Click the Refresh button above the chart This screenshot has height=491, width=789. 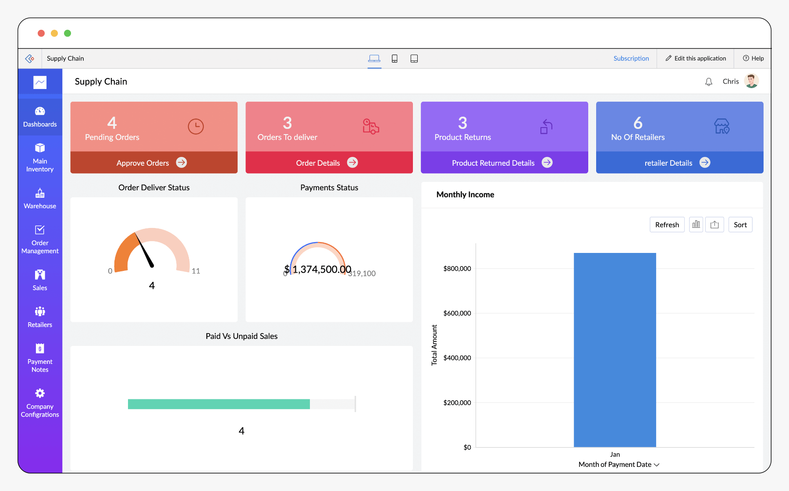tap(667, 225)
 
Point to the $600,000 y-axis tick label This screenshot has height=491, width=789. tap(457, 313)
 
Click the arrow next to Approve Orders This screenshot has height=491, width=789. tap(181, 163)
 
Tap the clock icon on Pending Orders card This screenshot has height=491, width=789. tap(195, 127)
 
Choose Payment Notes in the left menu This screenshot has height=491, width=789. tap(40, 358)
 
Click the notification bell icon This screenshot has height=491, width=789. tap(708, 82)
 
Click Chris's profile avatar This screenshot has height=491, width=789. tap(751, 81)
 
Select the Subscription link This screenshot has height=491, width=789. tap(631, 58)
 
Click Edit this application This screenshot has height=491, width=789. tap(696, 58)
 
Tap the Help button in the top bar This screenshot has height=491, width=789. tap(753, 58)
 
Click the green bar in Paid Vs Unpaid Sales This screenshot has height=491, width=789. tap(219, 404)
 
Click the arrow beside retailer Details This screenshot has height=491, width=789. tap(704, 163)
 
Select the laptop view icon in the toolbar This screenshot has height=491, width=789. tap(374, 58)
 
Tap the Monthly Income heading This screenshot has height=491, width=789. tap(465, 195)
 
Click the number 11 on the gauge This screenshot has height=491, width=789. tap(195, 271)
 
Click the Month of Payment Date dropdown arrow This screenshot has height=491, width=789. tap(657, 465)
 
